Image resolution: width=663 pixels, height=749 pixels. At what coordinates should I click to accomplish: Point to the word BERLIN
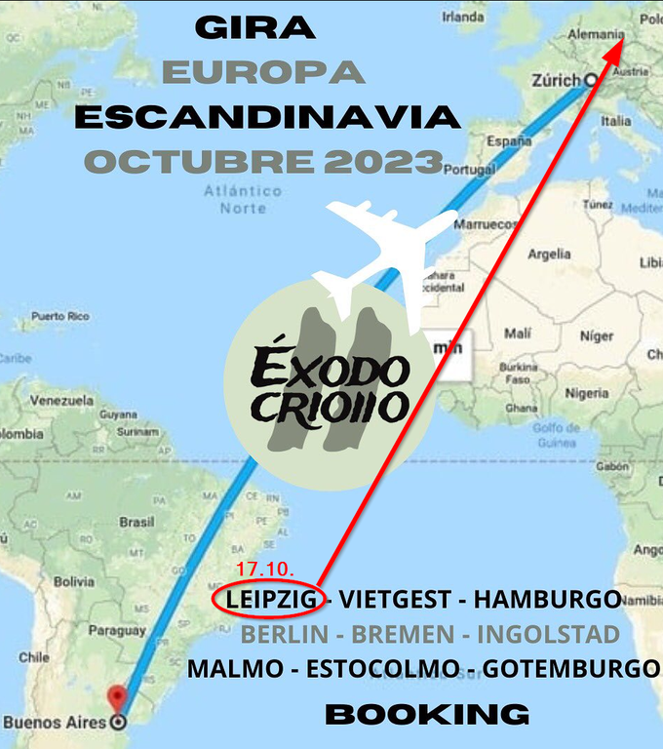click(285, 634)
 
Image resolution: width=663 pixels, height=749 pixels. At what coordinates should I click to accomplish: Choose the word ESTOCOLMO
click(382, 669)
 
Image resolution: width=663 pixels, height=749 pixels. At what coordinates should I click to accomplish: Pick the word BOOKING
click(427, 714)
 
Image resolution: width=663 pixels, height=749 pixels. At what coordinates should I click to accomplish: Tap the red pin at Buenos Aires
click(118, 698)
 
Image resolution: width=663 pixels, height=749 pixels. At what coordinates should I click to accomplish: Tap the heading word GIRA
click(255, 27)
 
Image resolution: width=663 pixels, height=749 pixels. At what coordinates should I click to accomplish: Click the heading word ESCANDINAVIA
click(267, 117)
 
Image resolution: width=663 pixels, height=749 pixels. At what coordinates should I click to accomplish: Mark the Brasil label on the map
click(136, 522)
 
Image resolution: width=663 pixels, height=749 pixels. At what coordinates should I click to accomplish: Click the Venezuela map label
click(61, 400)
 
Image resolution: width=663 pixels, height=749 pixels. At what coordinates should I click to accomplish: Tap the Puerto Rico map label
click(60, 316)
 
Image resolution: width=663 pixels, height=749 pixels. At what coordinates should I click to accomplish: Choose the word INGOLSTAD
click(548, 634)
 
